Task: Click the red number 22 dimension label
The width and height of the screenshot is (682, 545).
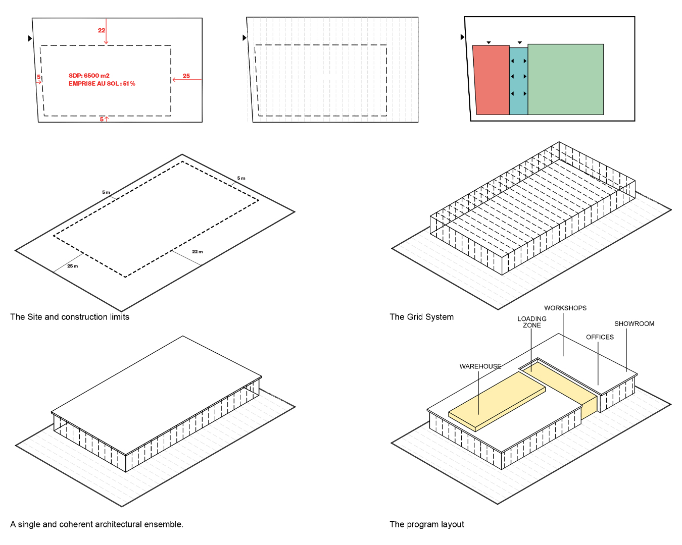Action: [102, 30]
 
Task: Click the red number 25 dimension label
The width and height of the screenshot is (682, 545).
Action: [186, 76]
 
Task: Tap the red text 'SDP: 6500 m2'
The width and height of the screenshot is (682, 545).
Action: [89, 76]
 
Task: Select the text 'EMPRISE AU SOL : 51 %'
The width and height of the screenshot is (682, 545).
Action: [102, 84]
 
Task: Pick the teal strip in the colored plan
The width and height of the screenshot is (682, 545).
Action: [518, 81]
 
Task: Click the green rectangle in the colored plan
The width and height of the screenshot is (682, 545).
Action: [565, 79]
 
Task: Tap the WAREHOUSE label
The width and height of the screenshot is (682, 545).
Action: [480, 366]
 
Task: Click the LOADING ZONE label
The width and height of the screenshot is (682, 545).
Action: [531, 322]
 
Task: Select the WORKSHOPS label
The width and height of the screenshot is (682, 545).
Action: [565, 308]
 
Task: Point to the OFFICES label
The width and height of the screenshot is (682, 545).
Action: [600, 337]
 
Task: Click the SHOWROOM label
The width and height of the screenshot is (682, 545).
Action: [634, 324]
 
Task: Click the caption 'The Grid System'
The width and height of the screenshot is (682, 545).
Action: [421, 317]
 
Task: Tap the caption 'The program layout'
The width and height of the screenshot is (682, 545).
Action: [426, 524]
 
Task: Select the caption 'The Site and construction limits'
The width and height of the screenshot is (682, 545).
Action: [70, 317]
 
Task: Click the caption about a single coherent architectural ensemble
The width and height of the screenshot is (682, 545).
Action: [96, 524]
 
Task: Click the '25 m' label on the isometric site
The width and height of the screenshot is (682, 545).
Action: [73, 266]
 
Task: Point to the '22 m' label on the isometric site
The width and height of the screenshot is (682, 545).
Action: [198, 252]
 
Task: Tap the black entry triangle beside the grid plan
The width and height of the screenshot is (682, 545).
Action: [245, 38]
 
